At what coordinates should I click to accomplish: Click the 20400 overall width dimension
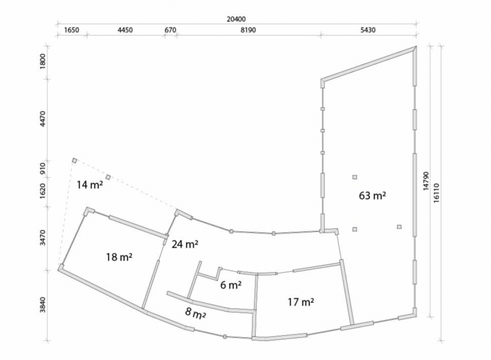pos(236,20)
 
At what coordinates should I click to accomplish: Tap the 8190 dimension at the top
pos(248,30)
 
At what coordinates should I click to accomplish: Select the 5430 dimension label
pos(368,30)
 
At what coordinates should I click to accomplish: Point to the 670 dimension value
pos(170,30)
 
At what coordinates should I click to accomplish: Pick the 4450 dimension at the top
pos(125,30)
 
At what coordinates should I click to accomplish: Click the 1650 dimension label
pos(71,30)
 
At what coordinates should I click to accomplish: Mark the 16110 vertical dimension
pos(437,193)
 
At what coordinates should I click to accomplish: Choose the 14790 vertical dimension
pos(426,181)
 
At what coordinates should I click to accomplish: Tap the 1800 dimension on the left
pos(43,62)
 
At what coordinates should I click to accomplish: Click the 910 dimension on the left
pos(43,168)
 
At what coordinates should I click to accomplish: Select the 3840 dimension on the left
pos(43,304)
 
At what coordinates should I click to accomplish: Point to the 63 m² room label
pos(373,196)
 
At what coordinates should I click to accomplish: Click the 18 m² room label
pos(119,257)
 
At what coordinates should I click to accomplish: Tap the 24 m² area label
pos(185,244)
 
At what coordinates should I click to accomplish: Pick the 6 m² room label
pos(231,285)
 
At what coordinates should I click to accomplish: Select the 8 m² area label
pos(195,313)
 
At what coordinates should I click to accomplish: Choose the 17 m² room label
pos(301,302)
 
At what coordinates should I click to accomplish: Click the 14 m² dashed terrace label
pos(90,185)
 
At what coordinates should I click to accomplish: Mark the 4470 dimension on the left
pos(43,118)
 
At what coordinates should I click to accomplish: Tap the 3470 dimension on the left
pos(43,238)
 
